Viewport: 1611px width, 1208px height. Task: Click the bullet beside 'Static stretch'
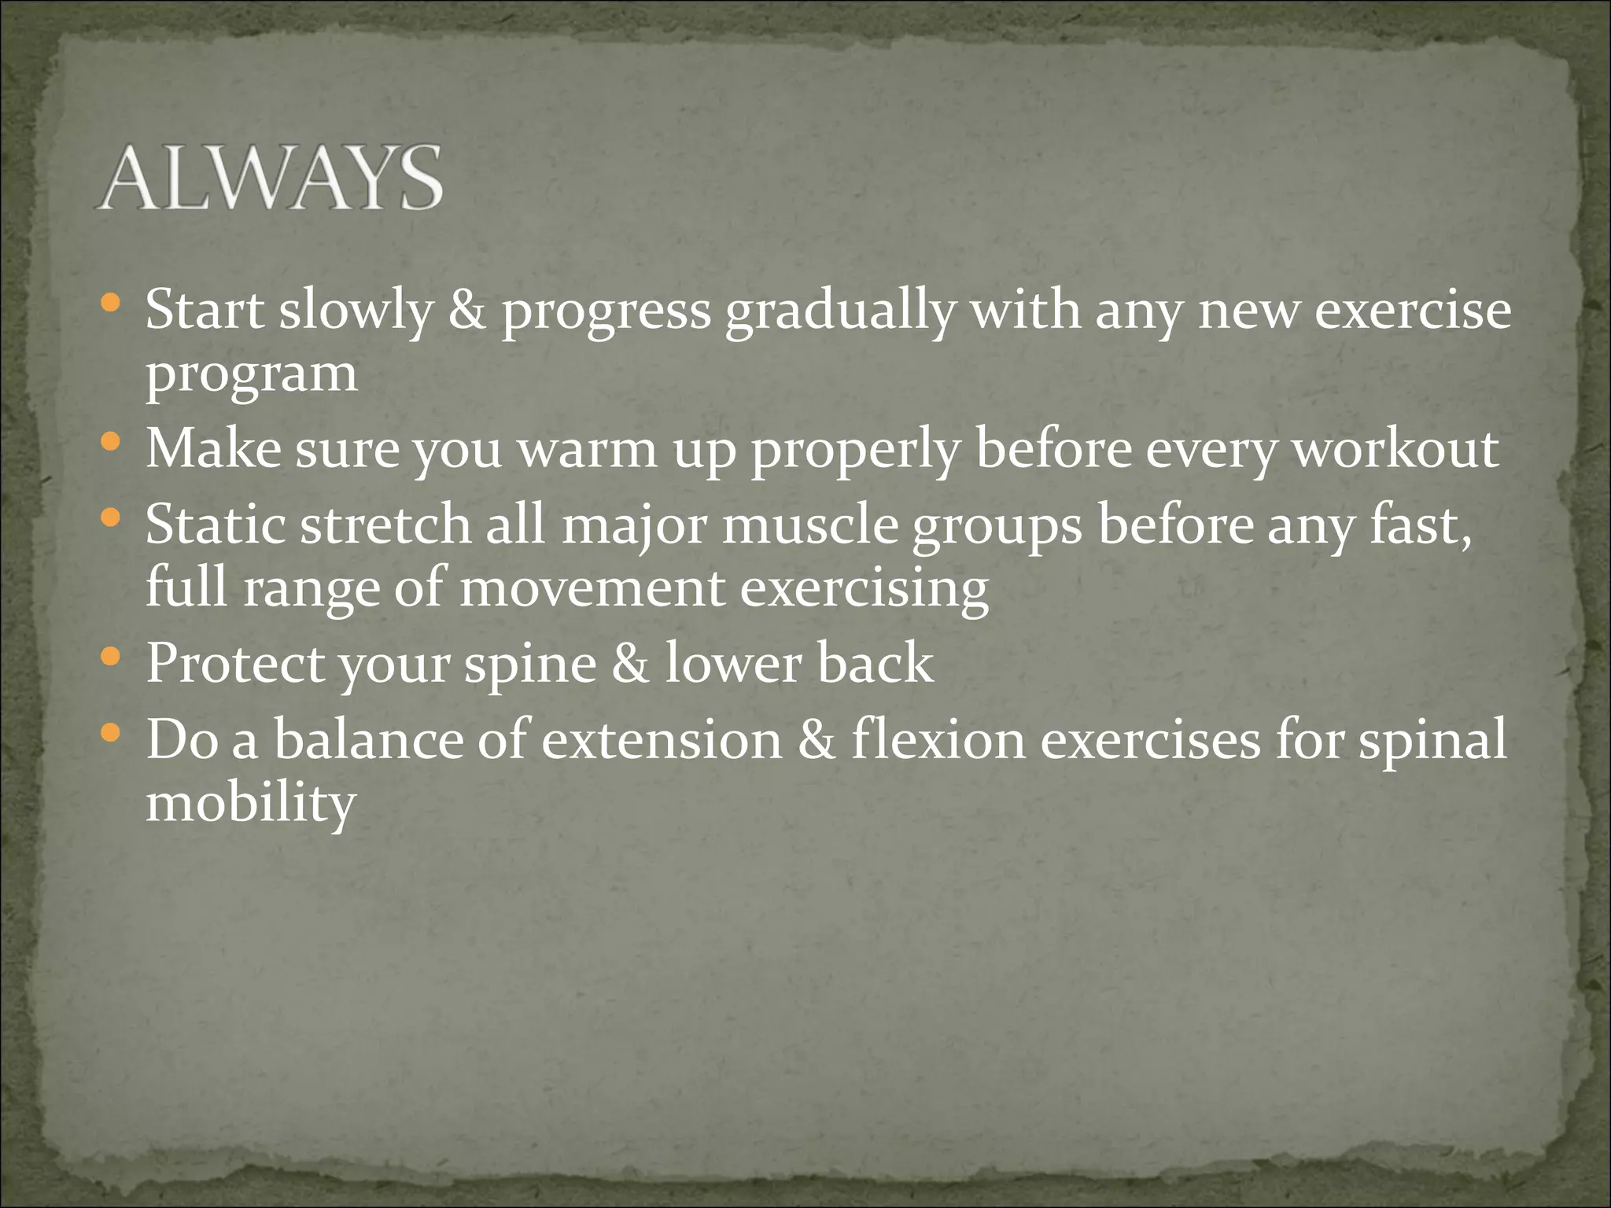tap(112, 517)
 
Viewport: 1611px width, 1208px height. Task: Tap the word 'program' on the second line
tap(252, 376)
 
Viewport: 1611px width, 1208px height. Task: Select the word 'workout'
tap(1396, 450)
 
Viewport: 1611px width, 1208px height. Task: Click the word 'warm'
tap(586, 450)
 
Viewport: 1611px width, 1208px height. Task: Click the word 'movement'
tap(592, 588)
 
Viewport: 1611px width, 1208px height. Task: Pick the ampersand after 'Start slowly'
tap(467, 311)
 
